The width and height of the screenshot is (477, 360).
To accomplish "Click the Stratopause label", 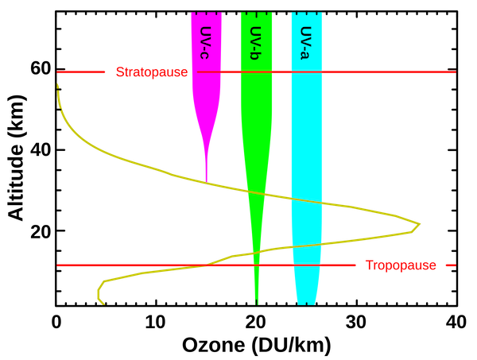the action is (152, 72).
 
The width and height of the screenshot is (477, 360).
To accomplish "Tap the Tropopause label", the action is (401, 265).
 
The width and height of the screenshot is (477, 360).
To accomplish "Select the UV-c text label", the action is (206, 43).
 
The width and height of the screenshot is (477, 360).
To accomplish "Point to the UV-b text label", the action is (255, 43).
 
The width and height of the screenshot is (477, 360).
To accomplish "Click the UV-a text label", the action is (306, 43).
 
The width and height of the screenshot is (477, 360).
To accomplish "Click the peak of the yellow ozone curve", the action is (420, 224).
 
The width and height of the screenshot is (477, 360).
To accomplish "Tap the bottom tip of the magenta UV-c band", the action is (207, 181).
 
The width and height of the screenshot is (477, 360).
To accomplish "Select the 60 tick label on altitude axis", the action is (41, 69).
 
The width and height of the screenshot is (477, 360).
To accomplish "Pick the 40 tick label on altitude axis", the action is (41, 150).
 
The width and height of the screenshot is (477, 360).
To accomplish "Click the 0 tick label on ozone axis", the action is (56, 322).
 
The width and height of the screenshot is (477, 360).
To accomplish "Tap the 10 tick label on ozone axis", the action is (156, 322).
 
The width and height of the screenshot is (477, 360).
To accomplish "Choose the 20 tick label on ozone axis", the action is (256, 322).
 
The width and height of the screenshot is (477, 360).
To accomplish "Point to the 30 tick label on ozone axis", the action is (356, 322).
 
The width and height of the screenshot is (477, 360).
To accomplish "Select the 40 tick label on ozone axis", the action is (456, 322).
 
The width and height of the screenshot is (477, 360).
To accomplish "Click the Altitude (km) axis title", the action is (17, 158).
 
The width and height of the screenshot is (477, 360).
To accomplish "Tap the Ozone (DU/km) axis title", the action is (257, 346).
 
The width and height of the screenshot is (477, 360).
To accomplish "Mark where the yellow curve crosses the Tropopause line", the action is (207, 265).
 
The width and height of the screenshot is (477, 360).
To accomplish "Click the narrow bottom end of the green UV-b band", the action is (257, 304).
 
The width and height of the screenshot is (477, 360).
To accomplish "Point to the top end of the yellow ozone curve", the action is (56, 84).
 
